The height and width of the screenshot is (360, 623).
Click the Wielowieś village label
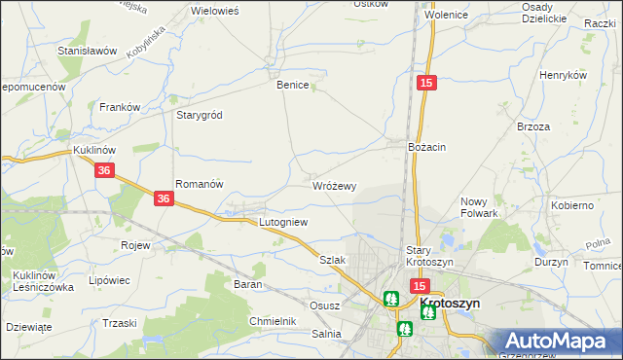coord(216,10)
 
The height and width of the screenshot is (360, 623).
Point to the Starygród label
coord(199,115)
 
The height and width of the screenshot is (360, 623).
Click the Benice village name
coord(293,85)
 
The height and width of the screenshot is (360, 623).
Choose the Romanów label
coord(200,183)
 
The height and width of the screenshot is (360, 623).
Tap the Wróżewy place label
coord(334,185)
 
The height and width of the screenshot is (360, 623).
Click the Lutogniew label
coord(283,222)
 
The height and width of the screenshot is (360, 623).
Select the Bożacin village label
coord(426,146)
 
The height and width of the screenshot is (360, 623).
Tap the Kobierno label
coord(571,205)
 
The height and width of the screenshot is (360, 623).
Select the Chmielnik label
coord(272,320)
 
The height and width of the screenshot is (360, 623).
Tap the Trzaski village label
coord(119,323)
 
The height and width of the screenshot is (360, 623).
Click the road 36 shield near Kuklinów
coord(106,170)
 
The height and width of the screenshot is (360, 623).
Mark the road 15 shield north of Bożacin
coord(425,85)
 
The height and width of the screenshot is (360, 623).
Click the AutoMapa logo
coord(559,342)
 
